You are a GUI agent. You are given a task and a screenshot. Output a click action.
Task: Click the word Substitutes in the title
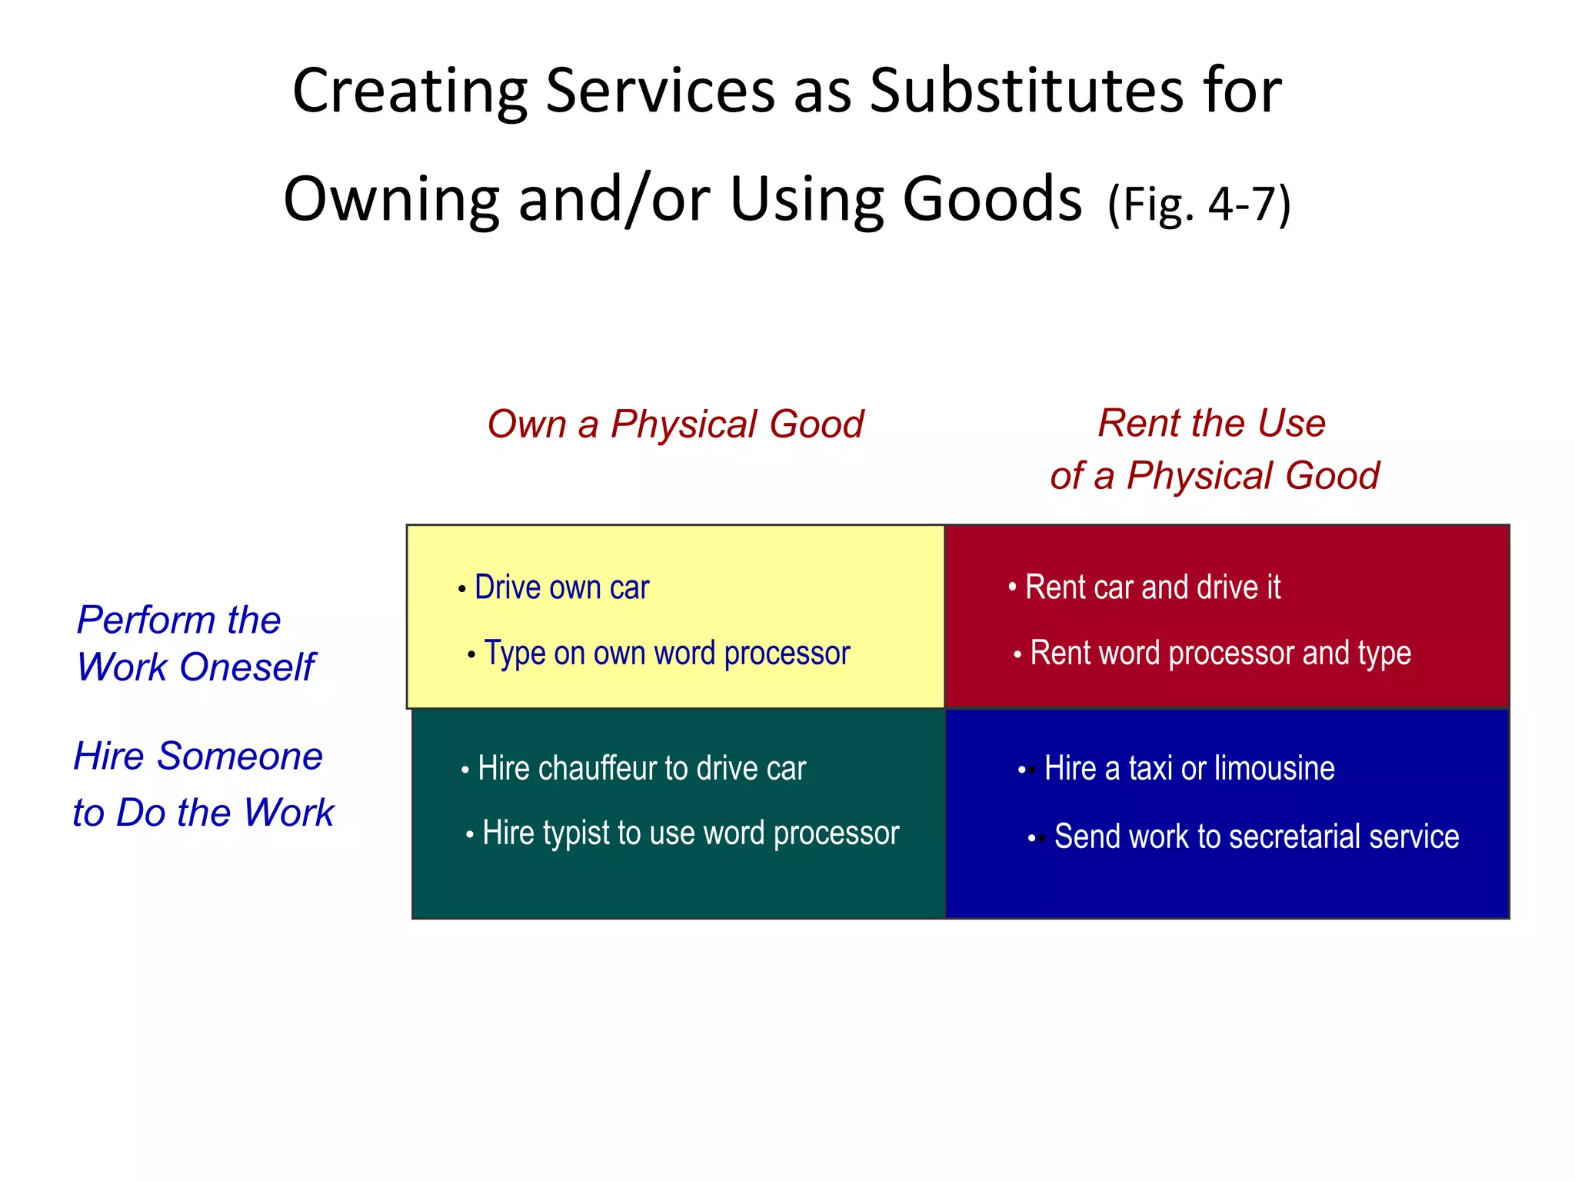(1026, 91)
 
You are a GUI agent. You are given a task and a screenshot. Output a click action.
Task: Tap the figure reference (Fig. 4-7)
(1199, 205)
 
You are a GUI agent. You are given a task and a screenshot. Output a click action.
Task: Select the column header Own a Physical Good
(675, 424)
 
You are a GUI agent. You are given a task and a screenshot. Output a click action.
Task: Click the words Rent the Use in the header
(1211, 423)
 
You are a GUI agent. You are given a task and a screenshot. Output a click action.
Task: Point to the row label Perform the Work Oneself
(195, 643)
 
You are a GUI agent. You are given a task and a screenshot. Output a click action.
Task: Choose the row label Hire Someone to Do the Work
(203, 783)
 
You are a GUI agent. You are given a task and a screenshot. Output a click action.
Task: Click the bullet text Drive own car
(561, 587)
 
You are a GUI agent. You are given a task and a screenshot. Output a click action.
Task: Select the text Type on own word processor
(667, 654)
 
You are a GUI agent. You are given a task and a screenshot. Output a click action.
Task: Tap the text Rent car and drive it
(1152, 587)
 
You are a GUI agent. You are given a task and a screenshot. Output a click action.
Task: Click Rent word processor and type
(1220, 654)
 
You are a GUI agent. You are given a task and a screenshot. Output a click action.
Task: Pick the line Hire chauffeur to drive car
(641, 769)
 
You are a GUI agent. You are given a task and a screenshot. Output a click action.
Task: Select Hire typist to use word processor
(691, 833)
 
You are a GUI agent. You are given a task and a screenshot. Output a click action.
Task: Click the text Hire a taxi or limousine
(1189, 769)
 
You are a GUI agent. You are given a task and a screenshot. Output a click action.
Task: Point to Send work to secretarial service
(1256, 837)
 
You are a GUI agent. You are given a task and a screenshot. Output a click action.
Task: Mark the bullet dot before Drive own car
(461, 590)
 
